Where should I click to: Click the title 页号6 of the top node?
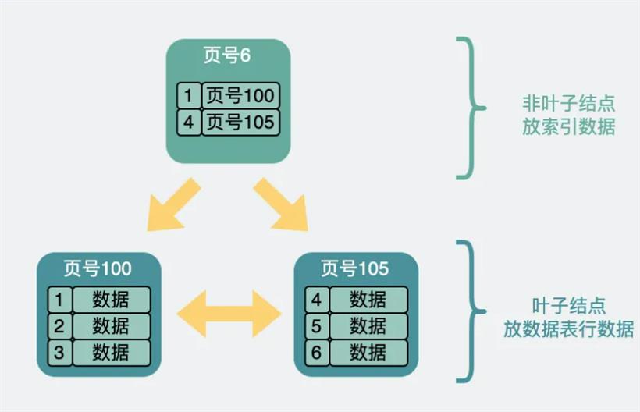click(x=227, y=55)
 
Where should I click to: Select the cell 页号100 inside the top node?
click(x=241, y=96)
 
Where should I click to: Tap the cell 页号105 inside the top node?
click(x=241, y=123)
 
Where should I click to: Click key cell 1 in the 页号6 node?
click(x=189, y=96)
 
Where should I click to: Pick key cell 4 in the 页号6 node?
click(x=189, y=123)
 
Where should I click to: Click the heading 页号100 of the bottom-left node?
click(x=98, y=269)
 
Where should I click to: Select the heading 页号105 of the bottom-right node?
click(x=355, y=269)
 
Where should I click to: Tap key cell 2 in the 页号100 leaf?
click(x=60, y=326)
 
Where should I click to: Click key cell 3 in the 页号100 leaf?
click(x=60, y=353)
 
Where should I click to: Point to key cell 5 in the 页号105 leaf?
click(x=317, y=326)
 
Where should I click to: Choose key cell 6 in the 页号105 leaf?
click(x=317, y=353)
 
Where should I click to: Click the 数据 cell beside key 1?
click(x=112, y=300)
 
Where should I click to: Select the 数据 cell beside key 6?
click(x=368, y=353)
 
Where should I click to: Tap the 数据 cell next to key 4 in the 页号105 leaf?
click(x=368, y=300)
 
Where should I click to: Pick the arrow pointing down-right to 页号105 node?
click(x=282, y=205)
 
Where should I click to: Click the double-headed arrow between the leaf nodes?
click(x=229, y=314)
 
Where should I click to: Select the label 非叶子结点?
click(x=568, y=103)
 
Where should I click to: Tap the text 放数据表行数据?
click(x=568, y=329)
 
